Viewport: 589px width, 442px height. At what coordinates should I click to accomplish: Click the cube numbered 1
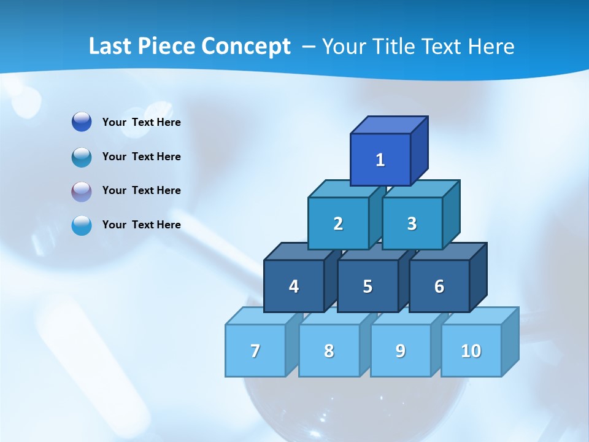(x=380, y=160)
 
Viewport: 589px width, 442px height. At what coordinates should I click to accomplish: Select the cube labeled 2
(x=338, y=223)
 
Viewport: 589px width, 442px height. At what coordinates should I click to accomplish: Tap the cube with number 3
(x=412, y=223)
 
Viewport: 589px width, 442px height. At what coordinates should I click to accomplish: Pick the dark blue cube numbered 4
(x=294, y=286)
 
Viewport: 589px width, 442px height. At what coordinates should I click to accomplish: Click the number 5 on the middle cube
(x=368, y=286)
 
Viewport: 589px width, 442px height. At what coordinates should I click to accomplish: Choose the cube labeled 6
(x=439, y=286)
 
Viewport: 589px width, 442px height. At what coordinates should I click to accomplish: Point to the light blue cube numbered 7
(x=255, y=351)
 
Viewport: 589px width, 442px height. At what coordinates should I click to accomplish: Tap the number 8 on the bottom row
(x=329, y=351)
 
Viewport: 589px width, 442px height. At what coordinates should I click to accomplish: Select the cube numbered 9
(x=400, y=351)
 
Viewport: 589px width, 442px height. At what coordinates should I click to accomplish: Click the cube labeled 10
(x=471, y=351)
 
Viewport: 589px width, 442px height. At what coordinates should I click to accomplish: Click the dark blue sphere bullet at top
(x=82, y=122)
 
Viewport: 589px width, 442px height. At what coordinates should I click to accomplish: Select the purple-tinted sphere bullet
(x=82, y=191)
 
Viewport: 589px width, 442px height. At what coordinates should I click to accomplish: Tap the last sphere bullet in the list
(x=82, y=225)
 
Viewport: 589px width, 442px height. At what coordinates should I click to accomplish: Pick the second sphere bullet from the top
(x=82, y=157)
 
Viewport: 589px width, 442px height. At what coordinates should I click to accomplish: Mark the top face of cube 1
(x=389, y=125)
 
